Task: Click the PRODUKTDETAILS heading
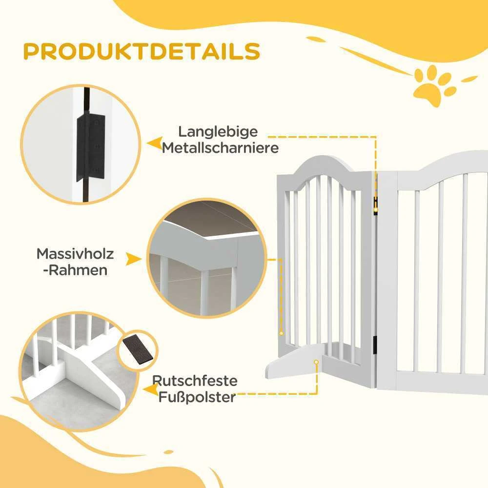click(142, 51)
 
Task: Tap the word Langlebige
click(218, 132)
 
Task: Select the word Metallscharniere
click(220, 148)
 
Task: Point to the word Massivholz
click(75, 254)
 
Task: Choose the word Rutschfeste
click(195, 381)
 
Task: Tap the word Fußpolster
click(197, 397)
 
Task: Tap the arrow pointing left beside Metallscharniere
click(155, 143)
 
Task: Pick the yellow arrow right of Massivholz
click(134, 259)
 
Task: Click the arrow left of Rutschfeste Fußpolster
click(151, 389)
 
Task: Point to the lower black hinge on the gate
click(375, 345)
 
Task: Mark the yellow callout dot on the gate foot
click(316, 362)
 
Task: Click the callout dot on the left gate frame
click(282, 333)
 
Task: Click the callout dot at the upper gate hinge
click(376, 210)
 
